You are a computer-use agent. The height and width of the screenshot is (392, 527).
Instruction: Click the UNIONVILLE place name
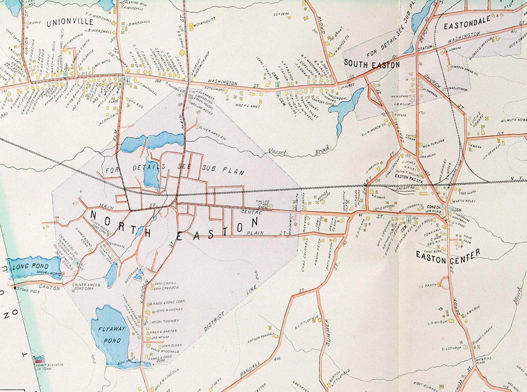(x=70, y=23)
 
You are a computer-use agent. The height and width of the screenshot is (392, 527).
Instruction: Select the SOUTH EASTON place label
(x=371, y=64)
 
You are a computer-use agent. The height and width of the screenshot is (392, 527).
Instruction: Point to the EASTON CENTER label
(x=448, y=256)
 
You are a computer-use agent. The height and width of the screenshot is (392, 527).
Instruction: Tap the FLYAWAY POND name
(x=112, y=334)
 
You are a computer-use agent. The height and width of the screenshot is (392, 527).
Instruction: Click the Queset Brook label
(x=299, y=150)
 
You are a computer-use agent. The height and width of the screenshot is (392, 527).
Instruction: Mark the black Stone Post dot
(x=14, y=288)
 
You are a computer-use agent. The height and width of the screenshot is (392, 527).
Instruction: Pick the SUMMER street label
(x=327, y=332)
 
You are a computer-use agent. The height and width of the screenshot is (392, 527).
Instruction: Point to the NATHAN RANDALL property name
(x=261, y=338)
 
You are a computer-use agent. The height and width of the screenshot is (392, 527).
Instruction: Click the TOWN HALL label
(x=431, y=235)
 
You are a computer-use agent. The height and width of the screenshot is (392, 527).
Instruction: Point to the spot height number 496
(x=277, y=359)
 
